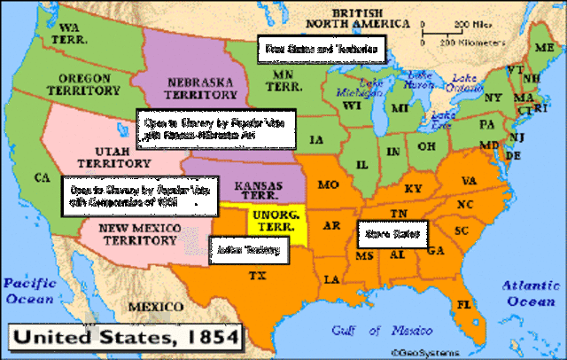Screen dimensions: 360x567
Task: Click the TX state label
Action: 258,276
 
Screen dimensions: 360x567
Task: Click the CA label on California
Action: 41,177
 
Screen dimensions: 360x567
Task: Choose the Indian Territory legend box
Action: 248,251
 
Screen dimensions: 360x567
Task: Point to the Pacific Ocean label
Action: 31,292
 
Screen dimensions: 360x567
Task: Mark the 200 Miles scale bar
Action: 452,32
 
